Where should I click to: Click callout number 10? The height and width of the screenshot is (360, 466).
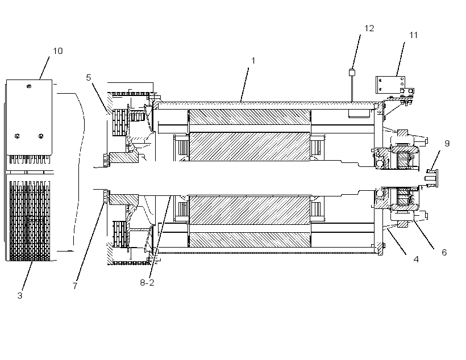coord(58,51)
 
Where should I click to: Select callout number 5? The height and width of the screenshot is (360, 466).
coord(88,78)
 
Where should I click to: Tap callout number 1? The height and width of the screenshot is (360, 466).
coord(253,61)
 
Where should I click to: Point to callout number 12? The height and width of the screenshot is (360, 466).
coord(369,28)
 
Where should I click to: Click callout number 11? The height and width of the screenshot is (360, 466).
coord(413,35)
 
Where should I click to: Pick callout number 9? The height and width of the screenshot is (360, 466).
coord(447,144)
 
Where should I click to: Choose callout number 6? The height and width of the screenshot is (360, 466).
coord(444,253)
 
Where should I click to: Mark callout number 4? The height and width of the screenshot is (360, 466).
coord(416,259)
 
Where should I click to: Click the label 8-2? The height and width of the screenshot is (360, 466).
coord(147,282)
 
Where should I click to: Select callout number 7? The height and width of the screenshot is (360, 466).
coord(75,286)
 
